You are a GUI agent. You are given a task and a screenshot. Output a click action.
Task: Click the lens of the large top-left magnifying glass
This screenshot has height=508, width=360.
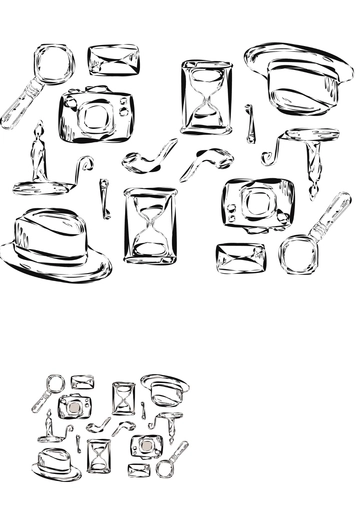pyautogui.click(x=54, y=63)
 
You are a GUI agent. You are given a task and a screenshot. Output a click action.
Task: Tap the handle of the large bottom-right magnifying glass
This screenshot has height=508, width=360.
pyautogui.click(x=330, y=213)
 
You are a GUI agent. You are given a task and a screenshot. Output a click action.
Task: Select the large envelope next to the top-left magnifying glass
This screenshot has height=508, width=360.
pyautogui.click(x=113, y=60)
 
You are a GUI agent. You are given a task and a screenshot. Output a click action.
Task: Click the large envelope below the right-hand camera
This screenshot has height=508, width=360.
pyautogui.click(x=240, y=257)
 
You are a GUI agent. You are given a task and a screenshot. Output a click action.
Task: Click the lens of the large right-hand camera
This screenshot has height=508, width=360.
pyautogui.click(x=259, y=205)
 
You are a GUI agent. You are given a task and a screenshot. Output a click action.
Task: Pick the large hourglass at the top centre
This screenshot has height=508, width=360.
pyautogui.click(x=206, y=97)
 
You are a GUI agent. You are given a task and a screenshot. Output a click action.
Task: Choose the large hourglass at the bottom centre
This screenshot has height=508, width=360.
pyautogui.click(x=150, y=225)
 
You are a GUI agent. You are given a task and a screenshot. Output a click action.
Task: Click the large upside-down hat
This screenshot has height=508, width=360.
pyautogui.click(x=299, y=80)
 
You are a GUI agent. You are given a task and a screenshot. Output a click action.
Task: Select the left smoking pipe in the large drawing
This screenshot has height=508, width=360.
pyautogui.click(x=150, y=155)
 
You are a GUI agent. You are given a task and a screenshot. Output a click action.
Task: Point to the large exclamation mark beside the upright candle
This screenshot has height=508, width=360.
pyautogui.click(x=104, y=197)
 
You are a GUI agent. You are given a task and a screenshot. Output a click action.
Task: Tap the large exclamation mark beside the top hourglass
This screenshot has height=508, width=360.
pyautogui.click(x=250, y=122)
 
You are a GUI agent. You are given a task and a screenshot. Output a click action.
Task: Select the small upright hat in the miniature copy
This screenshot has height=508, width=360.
pyautogui.click(x=56, y=463)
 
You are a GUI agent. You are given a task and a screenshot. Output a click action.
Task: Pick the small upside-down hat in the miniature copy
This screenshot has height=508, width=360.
pyautogui.click(x=166, y=387)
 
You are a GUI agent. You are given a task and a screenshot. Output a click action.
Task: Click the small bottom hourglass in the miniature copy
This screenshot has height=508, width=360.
pyautogui.click(x=100, y=455)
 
